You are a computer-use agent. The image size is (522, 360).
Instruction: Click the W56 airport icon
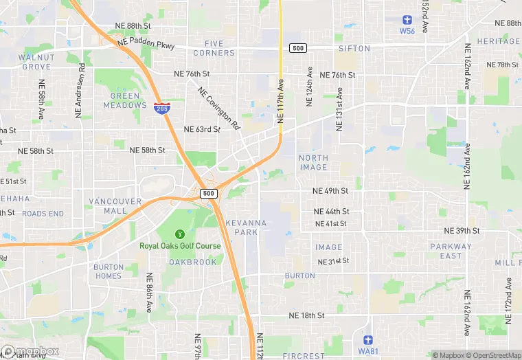pyautogui.click(x=407, y=20)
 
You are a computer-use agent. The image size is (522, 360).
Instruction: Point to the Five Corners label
pyautogui.click(x=214, y=48)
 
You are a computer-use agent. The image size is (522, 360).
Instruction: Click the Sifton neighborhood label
pyautogui.click(x=354, y=49)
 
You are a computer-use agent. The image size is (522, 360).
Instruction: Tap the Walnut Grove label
pyautogui.click(x=36, y=62)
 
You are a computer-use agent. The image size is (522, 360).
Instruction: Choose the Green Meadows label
pyautogui.click(x=125, y=100)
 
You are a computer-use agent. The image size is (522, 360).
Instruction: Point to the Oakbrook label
pyautogui.click(x=193, y=262)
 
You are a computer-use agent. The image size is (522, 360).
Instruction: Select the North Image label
pyautogui.click(x=313, y=162)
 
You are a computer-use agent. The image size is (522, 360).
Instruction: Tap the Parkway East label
pyautogui.click(x=451, y=251)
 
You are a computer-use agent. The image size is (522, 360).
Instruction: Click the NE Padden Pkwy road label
pyautogui.click(x=146, y=43)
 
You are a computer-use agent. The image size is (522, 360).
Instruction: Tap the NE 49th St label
pyautogui.click(x=330, y=191)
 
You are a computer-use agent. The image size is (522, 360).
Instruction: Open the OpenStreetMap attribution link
pyautogui.click(x=492, y=355)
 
